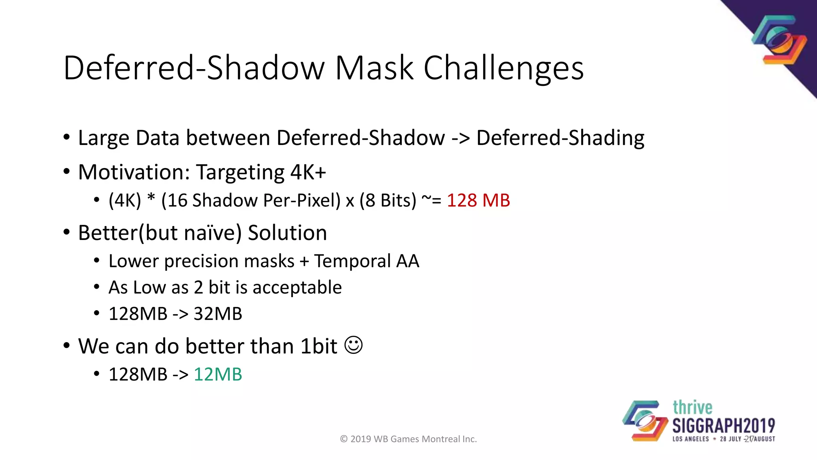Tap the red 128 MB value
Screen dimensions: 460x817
[478, 200]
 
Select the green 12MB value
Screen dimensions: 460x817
[218, 375]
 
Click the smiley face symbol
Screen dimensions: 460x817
[353, 345]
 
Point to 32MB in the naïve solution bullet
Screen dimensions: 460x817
[218, 314]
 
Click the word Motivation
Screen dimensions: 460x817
[134, 172]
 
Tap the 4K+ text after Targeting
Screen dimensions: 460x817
[308, 172]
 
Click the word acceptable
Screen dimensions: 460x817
[297, 287]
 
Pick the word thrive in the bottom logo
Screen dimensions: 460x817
[692, 408]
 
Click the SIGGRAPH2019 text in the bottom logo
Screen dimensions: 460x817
[724, 426]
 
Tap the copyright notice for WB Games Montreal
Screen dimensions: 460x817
[408, 439]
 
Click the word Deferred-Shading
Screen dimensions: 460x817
[560, 138]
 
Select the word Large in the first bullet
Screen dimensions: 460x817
[103, 138]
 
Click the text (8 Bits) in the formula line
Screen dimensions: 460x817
[388, 200]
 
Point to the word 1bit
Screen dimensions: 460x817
[319, 346]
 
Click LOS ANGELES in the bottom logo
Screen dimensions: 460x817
[691, 439]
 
